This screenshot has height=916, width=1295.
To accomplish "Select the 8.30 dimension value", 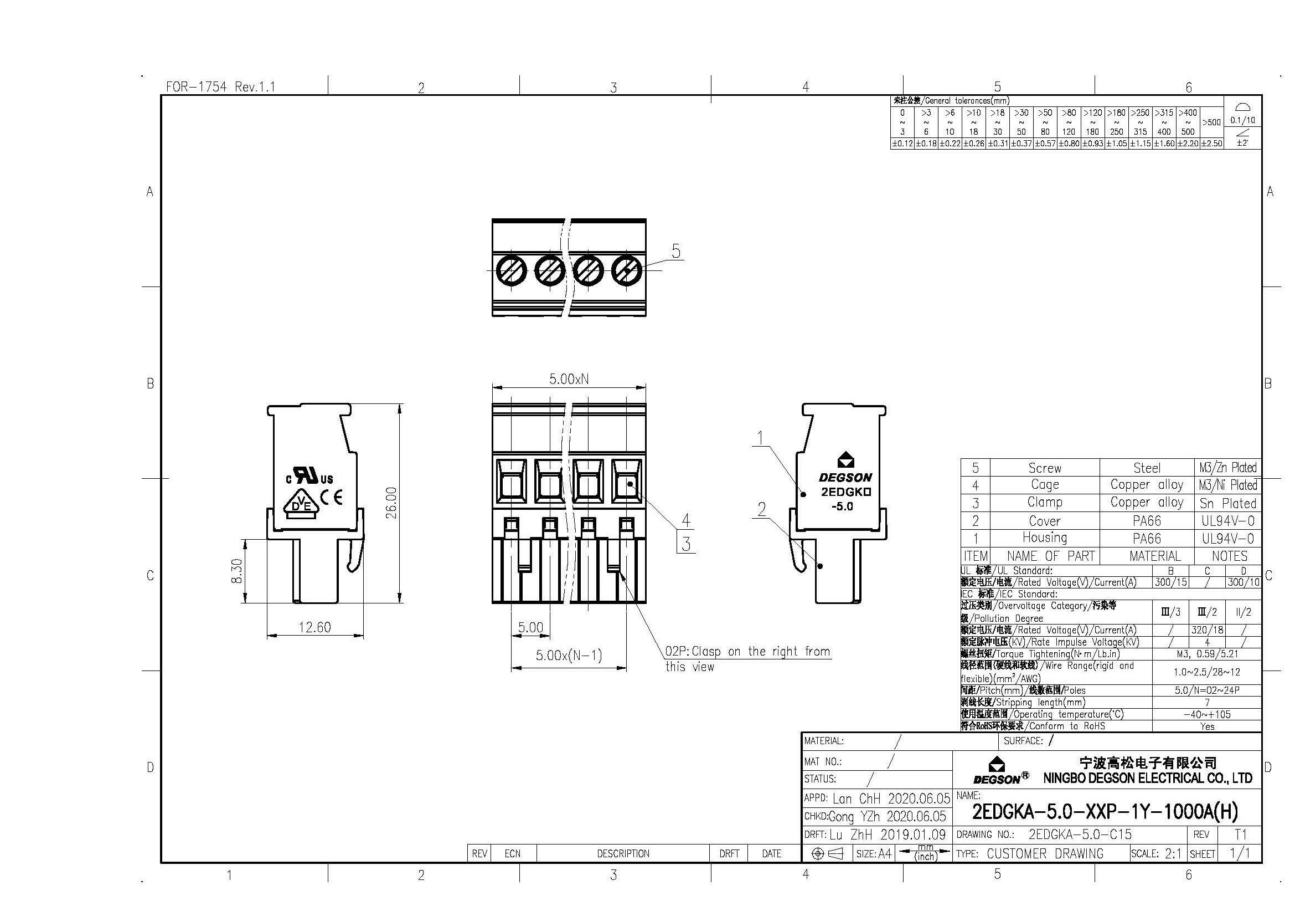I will (x=237, y=571).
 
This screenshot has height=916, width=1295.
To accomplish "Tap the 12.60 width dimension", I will (x=314, y=627).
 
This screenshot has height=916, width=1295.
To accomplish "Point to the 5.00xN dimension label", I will (x=569, y=378).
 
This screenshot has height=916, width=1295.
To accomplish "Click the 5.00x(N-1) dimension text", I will (x=569, y=655).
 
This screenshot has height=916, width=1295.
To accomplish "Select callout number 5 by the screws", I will (x=675, y=250).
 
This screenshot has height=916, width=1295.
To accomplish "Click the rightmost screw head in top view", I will (x=627, y=270).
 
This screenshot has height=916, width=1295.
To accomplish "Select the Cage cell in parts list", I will (x=1045, y=485).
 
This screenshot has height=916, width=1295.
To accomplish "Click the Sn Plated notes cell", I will (x=1227, y=503).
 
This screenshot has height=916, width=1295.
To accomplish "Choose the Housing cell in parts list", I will (x=1045, y=538).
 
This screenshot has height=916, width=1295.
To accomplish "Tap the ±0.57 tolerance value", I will (x=1045, y=144).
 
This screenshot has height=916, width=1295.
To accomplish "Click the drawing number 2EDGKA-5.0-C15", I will (x=1080, y=834).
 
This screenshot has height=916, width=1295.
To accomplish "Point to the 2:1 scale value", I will (x=1173, y=854).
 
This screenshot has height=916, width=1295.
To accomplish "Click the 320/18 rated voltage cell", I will (x=1206, y=630).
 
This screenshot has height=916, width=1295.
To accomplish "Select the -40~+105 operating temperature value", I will (x=1206, y=714).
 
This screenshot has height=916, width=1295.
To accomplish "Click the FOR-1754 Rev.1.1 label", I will (x=220, y=87).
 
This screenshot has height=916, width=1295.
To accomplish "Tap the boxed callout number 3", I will (x=685, y=544).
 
